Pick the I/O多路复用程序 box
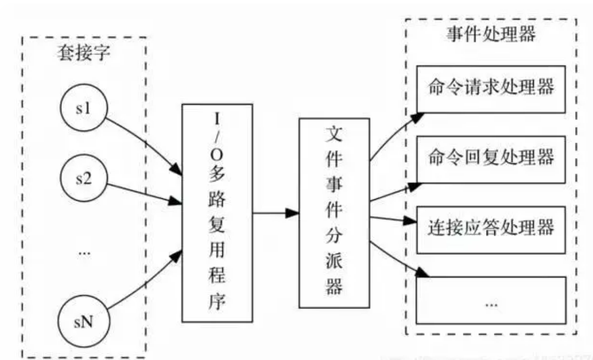(217, 213)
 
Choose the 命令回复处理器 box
(491, 159)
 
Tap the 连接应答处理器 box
(491, 229)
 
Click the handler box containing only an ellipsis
(491, 300)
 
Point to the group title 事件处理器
(491, 34)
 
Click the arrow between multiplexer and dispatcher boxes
(276, 213)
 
